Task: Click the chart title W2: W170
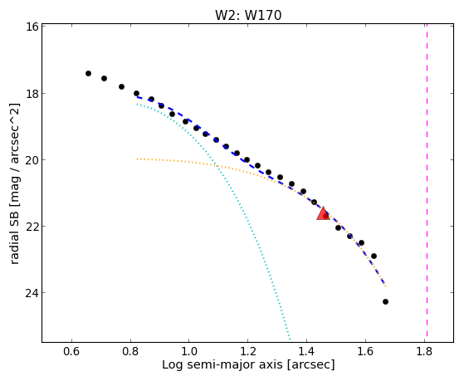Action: (248, 15)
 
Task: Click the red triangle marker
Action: (323, 213)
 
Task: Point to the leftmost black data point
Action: (88, 73)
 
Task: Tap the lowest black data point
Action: (385, 301)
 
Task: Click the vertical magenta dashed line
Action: (427, 181)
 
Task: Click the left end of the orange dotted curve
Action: (137, 159)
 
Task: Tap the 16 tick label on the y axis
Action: (32, 27)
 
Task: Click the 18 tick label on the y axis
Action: (32, 94)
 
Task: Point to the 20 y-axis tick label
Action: (32, 160)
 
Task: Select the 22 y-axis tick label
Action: (32, 226)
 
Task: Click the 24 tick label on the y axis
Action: (32, 293)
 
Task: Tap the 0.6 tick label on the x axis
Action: (71, 351)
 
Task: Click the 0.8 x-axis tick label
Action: (130, 351)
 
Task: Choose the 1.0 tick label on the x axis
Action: (188, 351)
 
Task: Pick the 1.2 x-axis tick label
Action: (247, 351)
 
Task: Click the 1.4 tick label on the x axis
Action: (306, 351)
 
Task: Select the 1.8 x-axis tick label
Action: (424, 351)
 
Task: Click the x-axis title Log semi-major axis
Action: (222, 365)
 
